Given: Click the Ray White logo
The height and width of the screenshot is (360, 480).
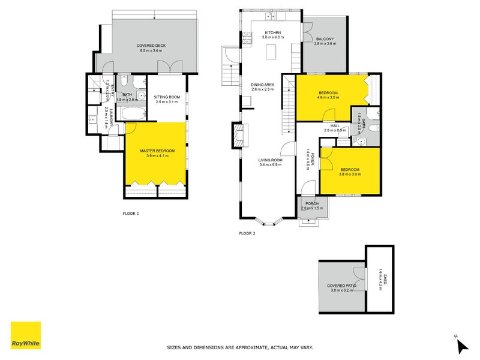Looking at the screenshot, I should [26, 335].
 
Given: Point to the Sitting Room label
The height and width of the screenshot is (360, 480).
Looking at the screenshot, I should [167, 97].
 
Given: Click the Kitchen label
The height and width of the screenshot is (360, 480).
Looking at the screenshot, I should [272, 32].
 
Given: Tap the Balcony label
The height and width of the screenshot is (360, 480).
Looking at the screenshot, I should [325, 40].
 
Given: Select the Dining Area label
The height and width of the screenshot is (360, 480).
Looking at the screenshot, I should [262, 85].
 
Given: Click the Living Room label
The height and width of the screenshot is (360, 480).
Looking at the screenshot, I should [271, 160].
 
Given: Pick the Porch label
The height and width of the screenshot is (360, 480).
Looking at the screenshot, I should [312, 203].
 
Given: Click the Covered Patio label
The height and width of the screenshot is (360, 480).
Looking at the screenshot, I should [341, 286].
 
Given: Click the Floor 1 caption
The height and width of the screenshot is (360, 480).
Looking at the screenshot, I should [131, 214].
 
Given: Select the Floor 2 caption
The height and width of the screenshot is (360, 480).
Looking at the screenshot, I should [247, 233].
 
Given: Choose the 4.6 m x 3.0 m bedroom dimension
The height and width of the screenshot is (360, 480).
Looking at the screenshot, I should [328, 98].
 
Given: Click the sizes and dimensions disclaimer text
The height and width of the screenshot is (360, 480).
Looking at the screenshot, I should [239, 347].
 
